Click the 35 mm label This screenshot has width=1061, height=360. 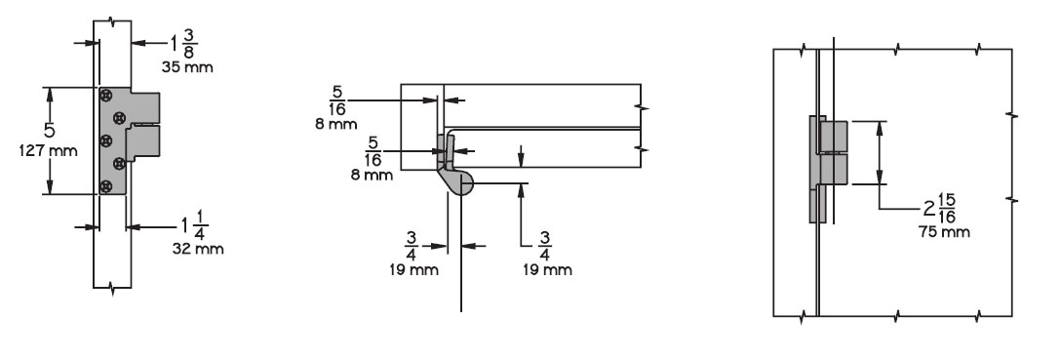[x=186, y=67]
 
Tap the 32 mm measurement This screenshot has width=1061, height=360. [x=198, y=249]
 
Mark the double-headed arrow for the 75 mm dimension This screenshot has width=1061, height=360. [x=882, y=152]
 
